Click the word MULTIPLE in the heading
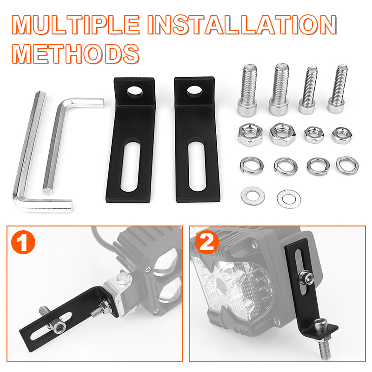click(x=75, y=25)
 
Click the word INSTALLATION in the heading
click(x=242, y=25)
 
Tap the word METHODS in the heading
click(x=75, y=54)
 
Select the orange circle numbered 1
click(x=23, y=242)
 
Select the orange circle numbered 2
click(x=207, y=242)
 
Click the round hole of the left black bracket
click(x=135, y=92)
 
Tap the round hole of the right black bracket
click(x=194, y=91)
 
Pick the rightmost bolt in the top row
click(x=338, y=89)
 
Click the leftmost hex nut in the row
click(x=250, y=134)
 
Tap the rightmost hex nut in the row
click(x=342, y=135)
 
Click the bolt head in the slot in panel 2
click(x=306, y=277)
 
